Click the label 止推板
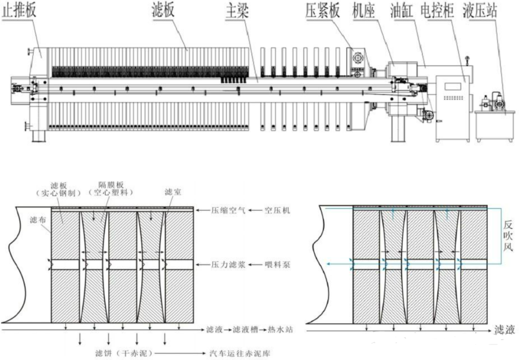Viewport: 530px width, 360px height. click(x=20, y=11)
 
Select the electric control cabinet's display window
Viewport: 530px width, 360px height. click(x=452, y=86)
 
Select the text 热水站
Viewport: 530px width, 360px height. click(x=282, y=329)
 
